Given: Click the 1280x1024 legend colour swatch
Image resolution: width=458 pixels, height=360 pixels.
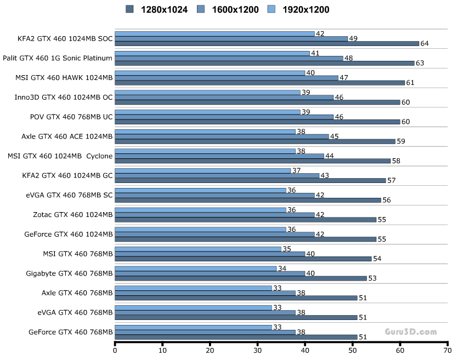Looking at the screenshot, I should [x=129, y=9].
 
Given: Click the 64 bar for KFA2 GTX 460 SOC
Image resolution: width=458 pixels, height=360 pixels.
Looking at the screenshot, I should [x=267, y=43].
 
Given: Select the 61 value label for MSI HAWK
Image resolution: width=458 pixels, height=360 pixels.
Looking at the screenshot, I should [x=411, y=83].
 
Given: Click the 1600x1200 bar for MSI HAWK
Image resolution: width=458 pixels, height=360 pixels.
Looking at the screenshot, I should [x=227, y=78].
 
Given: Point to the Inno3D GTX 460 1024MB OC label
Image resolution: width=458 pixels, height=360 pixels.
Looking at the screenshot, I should [x=64, y=97].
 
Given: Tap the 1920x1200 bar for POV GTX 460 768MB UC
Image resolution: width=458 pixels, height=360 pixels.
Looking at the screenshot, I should [x=207, y=112].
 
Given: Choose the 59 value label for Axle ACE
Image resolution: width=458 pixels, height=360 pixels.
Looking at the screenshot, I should [x=402, y=141].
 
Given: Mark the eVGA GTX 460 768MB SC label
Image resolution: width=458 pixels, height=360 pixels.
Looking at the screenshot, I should [x=69, y=195].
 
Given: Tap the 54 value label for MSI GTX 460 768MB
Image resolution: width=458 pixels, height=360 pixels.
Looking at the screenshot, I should [x=378, y=259].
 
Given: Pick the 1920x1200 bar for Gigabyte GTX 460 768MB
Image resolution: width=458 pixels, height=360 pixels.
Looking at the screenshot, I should [x=196, y=268].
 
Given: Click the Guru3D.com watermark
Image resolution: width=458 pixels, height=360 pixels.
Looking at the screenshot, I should [x=410, y=332].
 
